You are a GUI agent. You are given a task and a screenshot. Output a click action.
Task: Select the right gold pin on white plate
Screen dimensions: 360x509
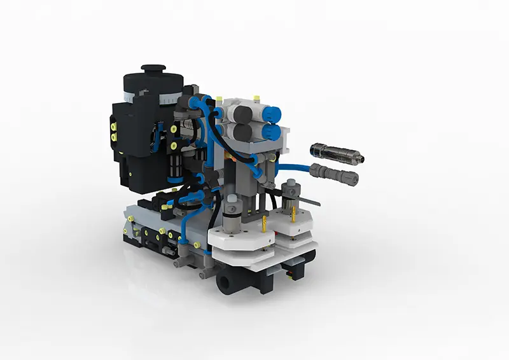(293, 216)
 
